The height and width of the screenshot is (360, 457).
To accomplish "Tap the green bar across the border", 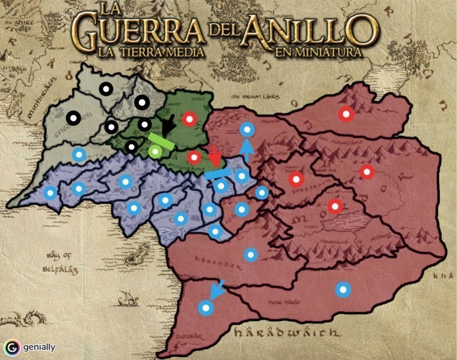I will click(x=161, y=141).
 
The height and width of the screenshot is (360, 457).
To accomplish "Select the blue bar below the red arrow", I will click(x=217, y=173).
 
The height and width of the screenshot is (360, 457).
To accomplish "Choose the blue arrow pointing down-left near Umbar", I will click(x=217, y=289).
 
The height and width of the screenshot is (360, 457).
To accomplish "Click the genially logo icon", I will click(x=12, y=347).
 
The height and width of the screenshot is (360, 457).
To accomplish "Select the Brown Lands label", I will click(x=255, y=96).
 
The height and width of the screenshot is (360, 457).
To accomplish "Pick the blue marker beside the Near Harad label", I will click(x=343, y=289).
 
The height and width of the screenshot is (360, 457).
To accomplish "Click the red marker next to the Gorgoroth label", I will click(x=296, y=179).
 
